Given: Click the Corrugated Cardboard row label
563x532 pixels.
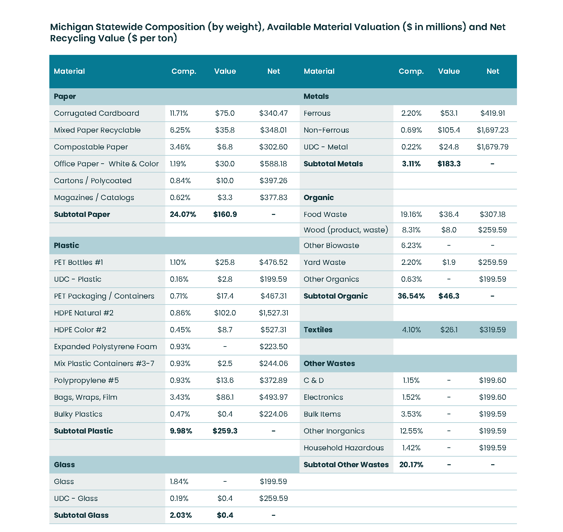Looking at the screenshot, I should [x=96, y=113].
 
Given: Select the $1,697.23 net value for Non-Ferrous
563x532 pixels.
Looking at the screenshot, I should [x=492, y=130].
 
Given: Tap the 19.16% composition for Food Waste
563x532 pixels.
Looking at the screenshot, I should [x=411, y=215].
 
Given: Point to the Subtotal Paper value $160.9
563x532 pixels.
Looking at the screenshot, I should [x=225, y=215].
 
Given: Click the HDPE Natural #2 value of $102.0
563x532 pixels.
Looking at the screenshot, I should [x=225, y=313].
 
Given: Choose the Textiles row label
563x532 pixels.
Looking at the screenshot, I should [x=318, y=330].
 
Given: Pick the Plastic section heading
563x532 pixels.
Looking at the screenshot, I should [x=67, y=246].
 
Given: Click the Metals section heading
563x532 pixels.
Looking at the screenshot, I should [x=316, y=97].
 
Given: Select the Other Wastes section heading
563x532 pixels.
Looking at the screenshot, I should [x=329, y=364].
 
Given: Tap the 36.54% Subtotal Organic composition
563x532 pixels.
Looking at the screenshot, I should [x=411, y=296].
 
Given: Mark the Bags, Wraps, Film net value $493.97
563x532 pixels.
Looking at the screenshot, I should [x=274, y=397].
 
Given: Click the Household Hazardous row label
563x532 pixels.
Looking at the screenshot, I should [x=344, y=448].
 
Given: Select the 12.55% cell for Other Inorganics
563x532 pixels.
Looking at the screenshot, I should [x=411, y=431].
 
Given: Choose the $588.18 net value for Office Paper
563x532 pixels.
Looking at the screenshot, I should [x=274, y=164].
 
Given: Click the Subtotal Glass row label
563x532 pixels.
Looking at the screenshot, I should [x=81, y=515].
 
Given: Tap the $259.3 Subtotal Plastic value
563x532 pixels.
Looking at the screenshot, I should [x=225, y=431].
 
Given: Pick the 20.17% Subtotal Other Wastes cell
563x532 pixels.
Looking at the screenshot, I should [x=411, y=465].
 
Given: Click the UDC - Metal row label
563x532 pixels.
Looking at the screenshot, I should [x=326, y=147].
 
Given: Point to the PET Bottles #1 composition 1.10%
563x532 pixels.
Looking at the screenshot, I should [x=178, y=263].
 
